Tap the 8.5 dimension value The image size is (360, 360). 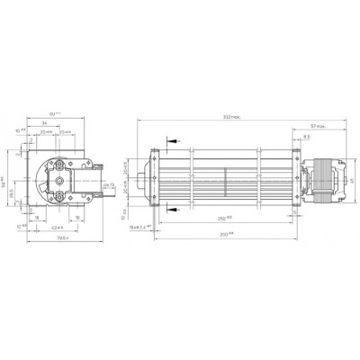tap(307, 138)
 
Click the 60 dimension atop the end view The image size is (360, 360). tap(55, 114)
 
